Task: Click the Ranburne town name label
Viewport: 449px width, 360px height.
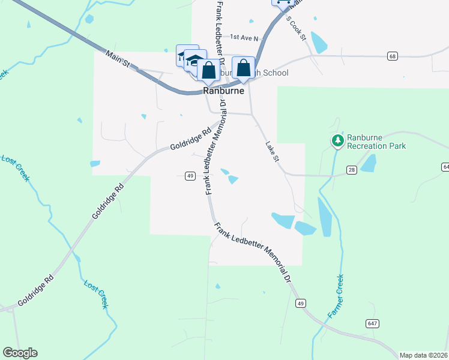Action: (223, 91)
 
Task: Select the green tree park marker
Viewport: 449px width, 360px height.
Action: (337, 141)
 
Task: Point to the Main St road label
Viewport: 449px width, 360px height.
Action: (118, 58)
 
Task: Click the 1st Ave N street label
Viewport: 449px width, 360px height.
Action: (244, 37)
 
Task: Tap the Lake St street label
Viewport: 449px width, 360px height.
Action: (272, 151)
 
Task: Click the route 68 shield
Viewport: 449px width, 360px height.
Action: (393, 56)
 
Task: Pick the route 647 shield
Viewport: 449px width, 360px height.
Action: (372, 323)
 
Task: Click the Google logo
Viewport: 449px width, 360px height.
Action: (20, 352)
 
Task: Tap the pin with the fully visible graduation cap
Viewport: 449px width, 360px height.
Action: (194, 61)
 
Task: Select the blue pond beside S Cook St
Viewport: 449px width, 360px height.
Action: (318, 43)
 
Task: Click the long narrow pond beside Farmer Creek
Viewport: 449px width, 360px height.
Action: (324, 217)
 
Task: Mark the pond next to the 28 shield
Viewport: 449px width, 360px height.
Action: (367, 163)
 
